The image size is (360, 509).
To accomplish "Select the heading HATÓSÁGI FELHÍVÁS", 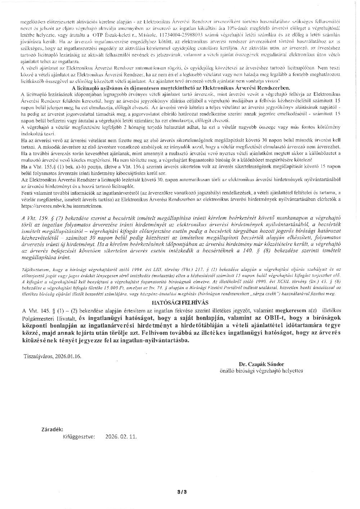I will (x=180, y=303).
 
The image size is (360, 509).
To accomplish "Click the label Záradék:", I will (x=52, y=429).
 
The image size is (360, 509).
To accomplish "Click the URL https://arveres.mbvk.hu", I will (x=46, y=206).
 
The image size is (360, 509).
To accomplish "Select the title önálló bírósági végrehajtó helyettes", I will (x=261, y=370).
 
